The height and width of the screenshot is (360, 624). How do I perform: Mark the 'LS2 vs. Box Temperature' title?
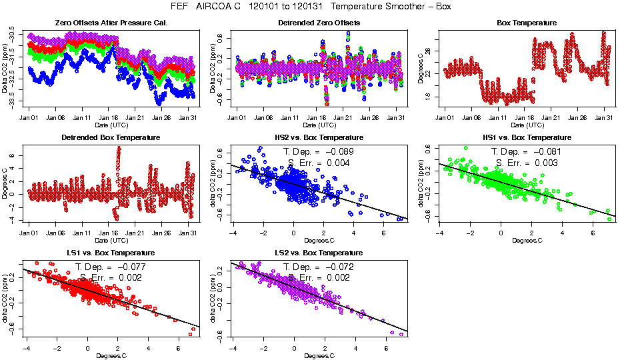tap(318, 253)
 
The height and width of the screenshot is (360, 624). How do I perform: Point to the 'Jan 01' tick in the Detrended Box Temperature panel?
tap(29, 233)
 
